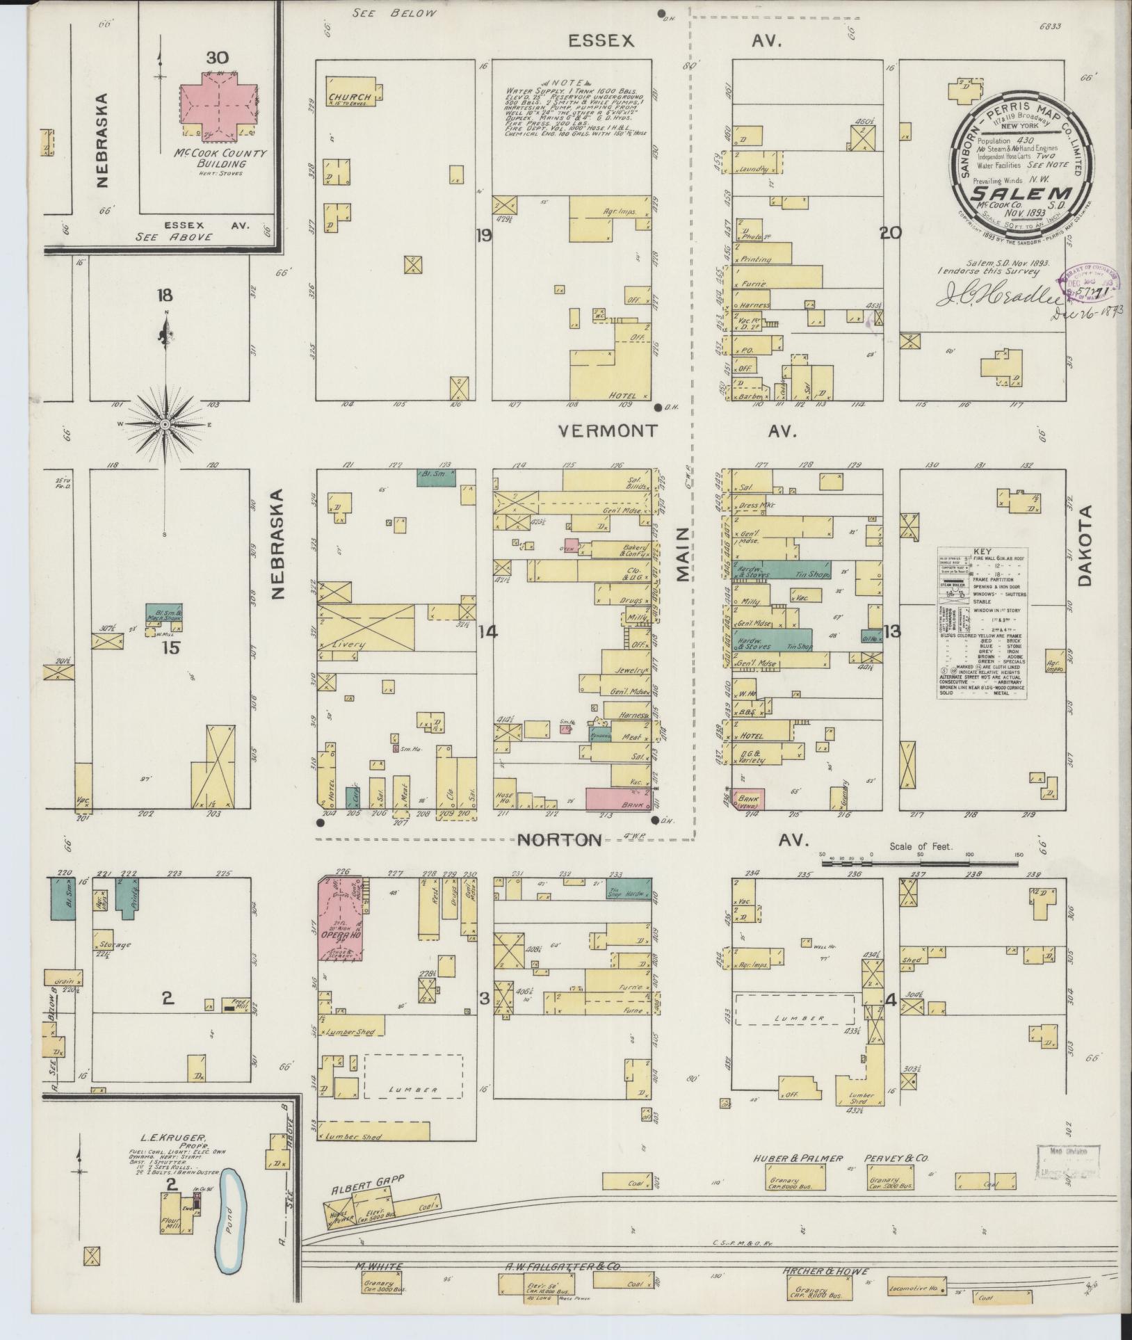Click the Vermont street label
[x=608, y=431]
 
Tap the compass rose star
[x=165, y=424]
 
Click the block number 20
[x=891, y=233]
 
